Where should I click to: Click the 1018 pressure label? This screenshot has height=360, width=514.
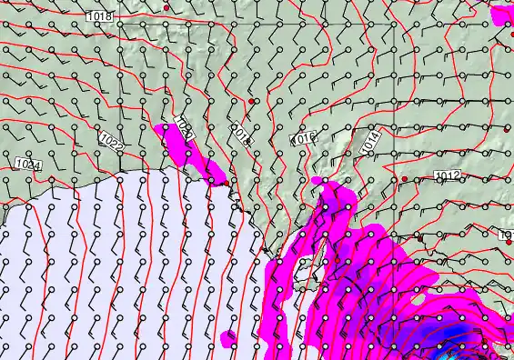(x=100, y=16)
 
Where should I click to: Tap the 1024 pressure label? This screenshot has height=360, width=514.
(x=28, y=165)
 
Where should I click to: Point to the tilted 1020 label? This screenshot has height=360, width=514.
(x=184, y=132)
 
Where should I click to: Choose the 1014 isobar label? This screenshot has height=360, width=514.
(x=369, y=141)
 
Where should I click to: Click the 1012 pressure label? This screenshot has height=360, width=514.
(x=447, y=175)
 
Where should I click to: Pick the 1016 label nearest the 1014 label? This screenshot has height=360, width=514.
(x=302, y=139)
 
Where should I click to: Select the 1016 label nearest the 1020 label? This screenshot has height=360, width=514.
(x=240, y=135)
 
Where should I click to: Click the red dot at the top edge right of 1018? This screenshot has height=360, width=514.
(x=166, y=7)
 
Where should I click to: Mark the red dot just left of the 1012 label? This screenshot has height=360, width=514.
(x=405, y=179)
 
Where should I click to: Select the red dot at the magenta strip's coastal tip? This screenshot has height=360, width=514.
(x=211, y=180)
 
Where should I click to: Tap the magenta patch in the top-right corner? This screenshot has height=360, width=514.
(x=501, y=15)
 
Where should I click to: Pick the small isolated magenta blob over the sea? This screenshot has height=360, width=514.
(x=228, y=339)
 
